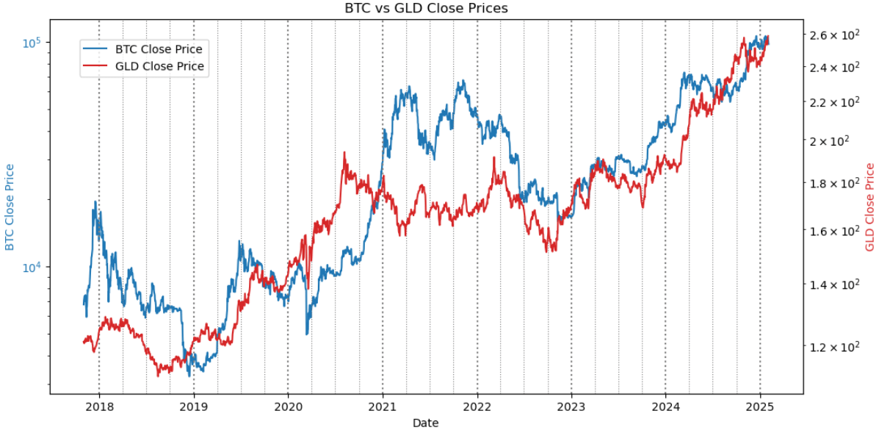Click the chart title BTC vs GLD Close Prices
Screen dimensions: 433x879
[426, 9]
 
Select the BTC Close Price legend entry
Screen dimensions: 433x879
[158, 49]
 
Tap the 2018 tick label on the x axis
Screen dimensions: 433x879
[99, 407]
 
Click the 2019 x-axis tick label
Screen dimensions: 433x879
[194, 407]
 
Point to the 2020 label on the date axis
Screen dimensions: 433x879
[288, 407]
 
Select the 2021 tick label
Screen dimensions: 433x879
[383, 407]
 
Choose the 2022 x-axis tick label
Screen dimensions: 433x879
[477, 407]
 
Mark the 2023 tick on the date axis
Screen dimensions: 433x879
[571, 407]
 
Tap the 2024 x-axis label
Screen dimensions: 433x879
[665, 407]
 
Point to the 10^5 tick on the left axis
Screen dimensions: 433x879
[30, 43]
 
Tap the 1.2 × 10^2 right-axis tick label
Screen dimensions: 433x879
[834, 346]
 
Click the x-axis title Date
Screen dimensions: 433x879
[425, 423]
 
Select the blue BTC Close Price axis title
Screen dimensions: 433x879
[10, 207]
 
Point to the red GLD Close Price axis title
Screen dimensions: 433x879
[870, 207]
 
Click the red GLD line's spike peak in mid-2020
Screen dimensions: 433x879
[344, 153]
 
